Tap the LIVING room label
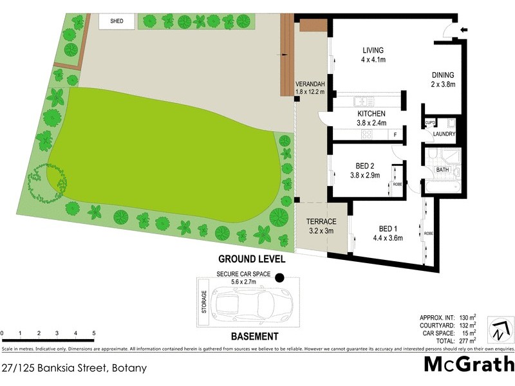point(373,51)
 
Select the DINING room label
point(443,75)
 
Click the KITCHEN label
point(371,114)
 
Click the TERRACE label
point(312,222)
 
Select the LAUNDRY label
point(444,134)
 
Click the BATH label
point(442,170)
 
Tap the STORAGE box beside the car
point(204,302)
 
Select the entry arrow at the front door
point(465,29)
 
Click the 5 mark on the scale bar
point(94,333)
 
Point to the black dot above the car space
point(279,278)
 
